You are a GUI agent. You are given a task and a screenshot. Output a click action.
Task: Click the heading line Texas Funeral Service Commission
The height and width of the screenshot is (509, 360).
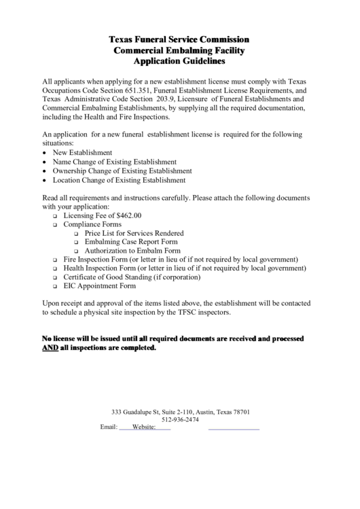tap(179, 39)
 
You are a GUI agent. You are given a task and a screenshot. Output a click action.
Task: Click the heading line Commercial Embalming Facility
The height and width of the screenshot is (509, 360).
tap(179, 50)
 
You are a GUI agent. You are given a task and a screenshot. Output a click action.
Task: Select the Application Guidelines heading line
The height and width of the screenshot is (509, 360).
tap(179, 61)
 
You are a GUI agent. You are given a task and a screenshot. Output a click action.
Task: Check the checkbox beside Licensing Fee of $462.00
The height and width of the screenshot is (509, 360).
tap(56, 216)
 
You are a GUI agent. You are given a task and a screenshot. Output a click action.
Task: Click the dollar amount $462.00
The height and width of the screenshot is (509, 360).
tap(126, 215)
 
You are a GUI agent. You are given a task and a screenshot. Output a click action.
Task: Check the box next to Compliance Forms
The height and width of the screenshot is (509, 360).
tap(56, 225)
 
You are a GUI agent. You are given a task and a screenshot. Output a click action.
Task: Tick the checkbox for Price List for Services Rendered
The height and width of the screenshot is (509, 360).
tap(77, 234)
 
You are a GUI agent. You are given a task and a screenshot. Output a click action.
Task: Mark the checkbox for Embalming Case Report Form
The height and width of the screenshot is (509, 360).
tap(77, 243)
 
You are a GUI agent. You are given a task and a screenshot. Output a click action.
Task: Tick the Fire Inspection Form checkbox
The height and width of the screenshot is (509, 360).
tap(56, 260)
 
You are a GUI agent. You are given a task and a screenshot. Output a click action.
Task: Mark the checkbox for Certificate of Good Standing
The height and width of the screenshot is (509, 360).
tap(56, 278)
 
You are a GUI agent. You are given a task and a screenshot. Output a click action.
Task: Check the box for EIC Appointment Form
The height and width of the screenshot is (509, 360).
tap(56, 287)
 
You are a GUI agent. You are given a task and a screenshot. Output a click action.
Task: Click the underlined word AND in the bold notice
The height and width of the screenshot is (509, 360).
tap(50, 348)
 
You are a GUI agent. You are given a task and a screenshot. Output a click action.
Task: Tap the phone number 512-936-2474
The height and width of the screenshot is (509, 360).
tap(180, 419)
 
